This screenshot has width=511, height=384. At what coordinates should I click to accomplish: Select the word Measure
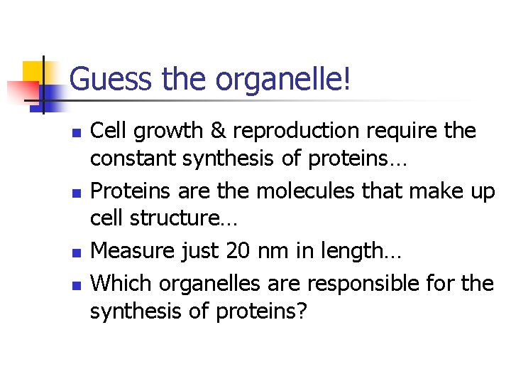[x=135, y=250]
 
